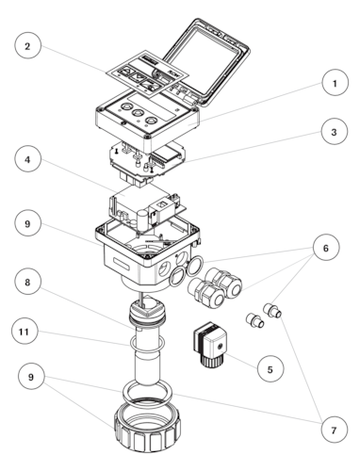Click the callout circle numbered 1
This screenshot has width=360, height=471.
click(335, 83)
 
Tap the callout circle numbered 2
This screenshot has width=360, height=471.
click(27, 46)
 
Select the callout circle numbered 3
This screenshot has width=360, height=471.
click(335, 132)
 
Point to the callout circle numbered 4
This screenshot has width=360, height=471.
click(27, 159)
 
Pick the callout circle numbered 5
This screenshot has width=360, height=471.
click(270, 369)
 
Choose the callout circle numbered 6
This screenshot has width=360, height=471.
click(326, 248)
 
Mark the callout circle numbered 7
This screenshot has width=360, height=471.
click(335, 430)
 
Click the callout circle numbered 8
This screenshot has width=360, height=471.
click(27, 282)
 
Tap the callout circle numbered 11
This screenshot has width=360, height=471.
click(25, 332)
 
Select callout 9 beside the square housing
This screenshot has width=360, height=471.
click(27, 223)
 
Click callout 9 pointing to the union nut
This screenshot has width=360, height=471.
click(31, 376)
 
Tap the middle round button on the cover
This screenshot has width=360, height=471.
click(138, 113)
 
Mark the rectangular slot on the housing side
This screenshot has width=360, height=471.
click(121, 263)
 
